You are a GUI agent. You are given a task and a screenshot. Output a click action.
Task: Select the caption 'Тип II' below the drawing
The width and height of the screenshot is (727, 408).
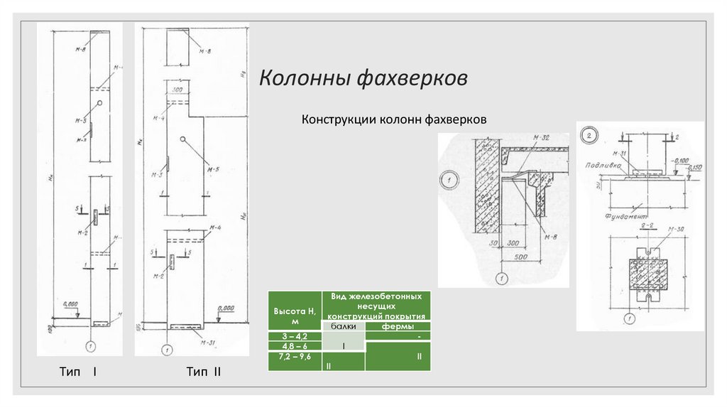[204, 372]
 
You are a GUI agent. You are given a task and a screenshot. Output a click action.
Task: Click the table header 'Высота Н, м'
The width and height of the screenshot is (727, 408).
[295, 313]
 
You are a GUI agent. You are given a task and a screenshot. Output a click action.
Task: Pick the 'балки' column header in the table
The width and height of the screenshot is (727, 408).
[344, 326]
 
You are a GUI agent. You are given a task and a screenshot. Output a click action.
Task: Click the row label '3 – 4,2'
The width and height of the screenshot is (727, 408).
[295, 335]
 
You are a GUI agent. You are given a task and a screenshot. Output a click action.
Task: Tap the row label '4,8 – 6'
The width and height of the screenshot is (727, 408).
[295, 345]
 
